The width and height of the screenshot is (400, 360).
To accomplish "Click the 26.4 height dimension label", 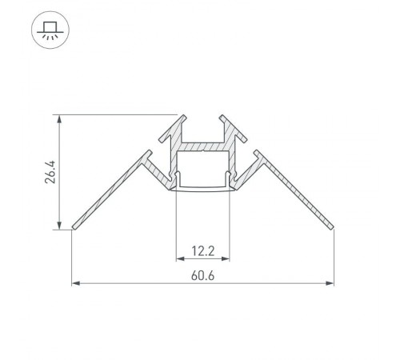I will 50,173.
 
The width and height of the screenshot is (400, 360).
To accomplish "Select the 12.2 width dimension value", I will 203,250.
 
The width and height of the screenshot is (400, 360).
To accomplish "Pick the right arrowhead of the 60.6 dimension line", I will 331,282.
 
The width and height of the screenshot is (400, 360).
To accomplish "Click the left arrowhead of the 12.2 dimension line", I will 178,259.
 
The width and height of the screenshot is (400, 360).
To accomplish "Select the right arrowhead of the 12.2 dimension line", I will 228,259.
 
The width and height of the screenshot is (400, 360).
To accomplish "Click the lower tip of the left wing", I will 74,226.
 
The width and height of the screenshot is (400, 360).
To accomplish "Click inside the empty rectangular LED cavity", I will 203,169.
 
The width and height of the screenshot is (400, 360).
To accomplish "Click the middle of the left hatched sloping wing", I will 112,192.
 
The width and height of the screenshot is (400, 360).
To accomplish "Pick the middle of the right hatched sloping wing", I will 294,192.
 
